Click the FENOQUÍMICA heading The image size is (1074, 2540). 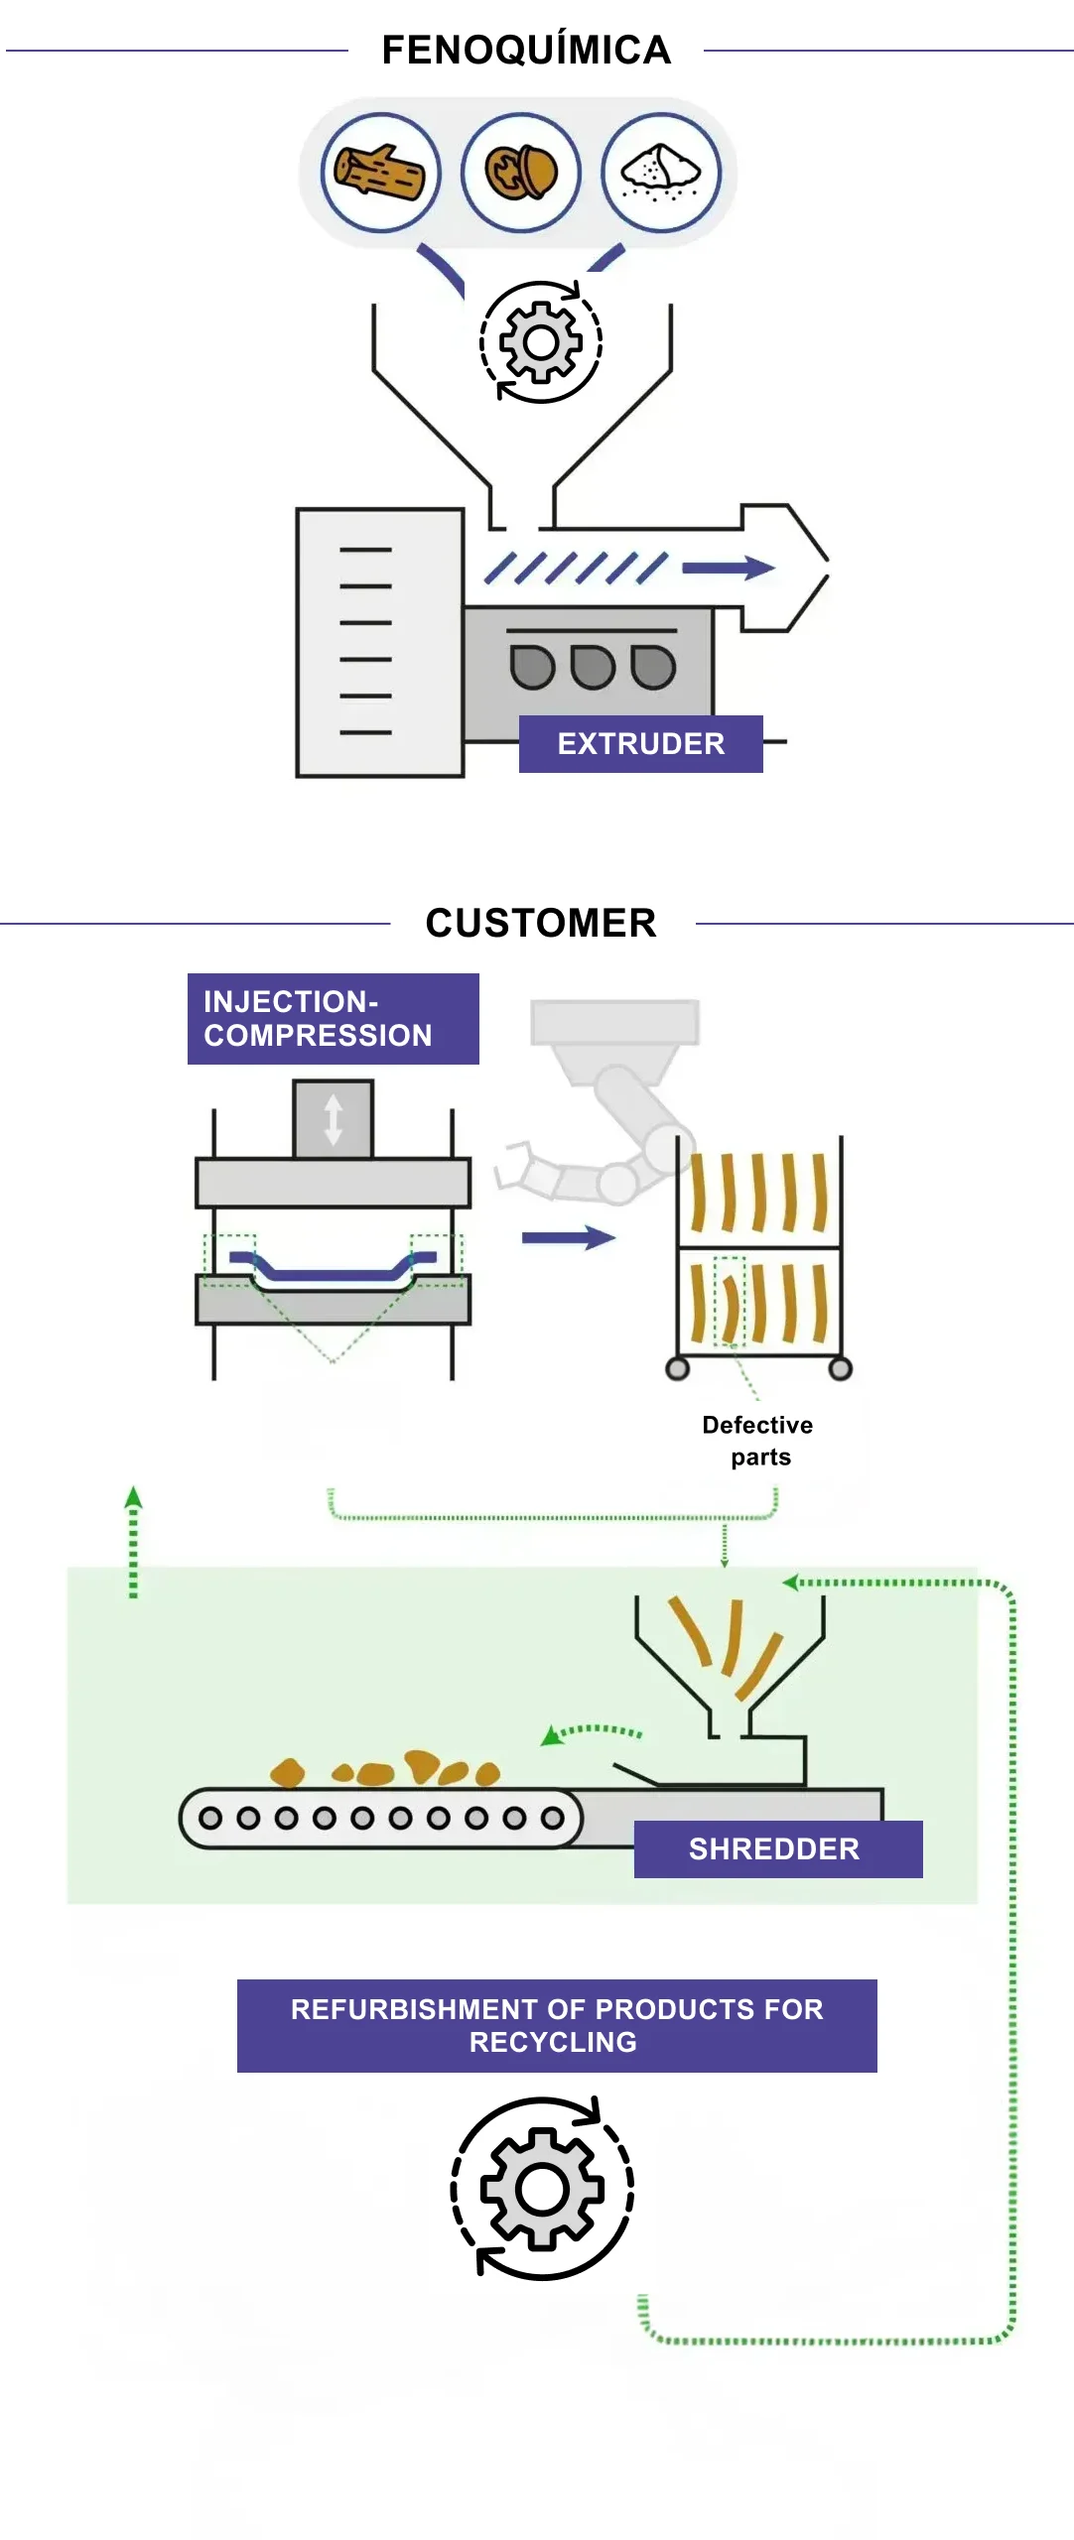click(526, 50)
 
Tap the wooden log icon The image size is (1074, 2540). click(380, 172)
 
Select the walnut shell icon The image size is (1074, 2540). click(520, 172)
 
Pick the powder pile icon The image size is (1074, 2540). click(660, 172)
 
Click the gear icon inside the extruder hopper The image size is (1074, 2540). click(541, 343)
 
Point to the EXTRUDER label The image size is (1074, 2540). click(640, 743)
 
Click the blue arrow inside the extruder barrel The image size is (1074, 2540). click(728, 568)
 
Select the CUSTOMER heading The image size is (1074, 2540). click(541, 923)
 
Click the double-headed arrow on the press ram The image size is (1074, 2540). click(334, 1120)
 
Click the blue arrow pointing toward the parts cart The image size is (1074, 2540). click(568, 1237)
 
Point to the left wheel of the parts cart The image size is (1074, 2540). click(678, 1369)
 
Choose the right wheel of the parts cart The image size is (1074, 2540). click(840, 1369)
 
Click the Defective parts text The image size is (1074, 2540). click(758, 1441)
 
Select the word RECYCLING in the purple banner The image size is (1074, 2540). click(553, 2042)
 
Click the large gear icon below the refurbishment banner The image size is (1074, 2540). click(542, 2188)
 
